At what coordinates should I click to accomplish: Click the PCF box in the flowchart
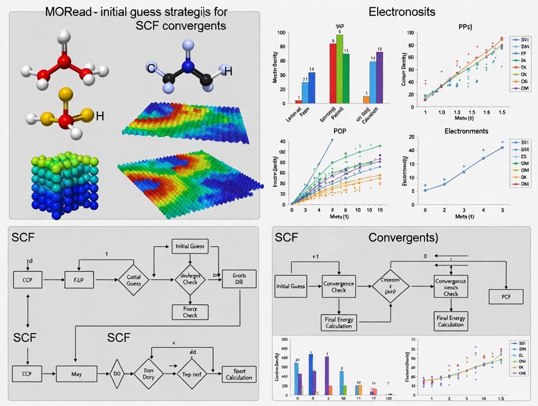pyautogui.click(x=506, y=297)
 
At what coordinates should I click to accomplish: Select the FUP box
pyautogui.click(x=79, y=280)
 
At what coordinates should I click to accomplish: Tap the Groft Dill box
pyautogui.click(x=239, y=278)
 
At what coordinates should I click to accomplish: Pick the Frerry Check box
pyautogui.click(x=190, y=312)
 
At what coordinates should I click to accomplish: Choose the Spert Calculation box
pyautogui.click(x=239, y=374)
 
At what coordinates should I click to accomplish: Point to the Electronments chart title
pyautogui.click(x=466, y=131)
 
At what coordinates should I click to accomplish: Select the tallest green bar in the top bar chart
pyautogui.click(x=340, y=68)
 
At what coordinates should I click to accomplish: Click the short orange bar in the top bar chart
pyautogui.click(x=366, y=100)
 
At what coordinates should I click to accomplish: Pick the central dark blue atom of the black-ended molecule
pyautogui.click(x=189, y=67)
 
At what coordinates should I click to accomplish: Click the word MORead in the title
pyautogui.click(x=69, y=12)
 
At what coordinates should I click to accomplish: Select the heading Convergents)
pyautogui.click(x=403, y=238)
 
